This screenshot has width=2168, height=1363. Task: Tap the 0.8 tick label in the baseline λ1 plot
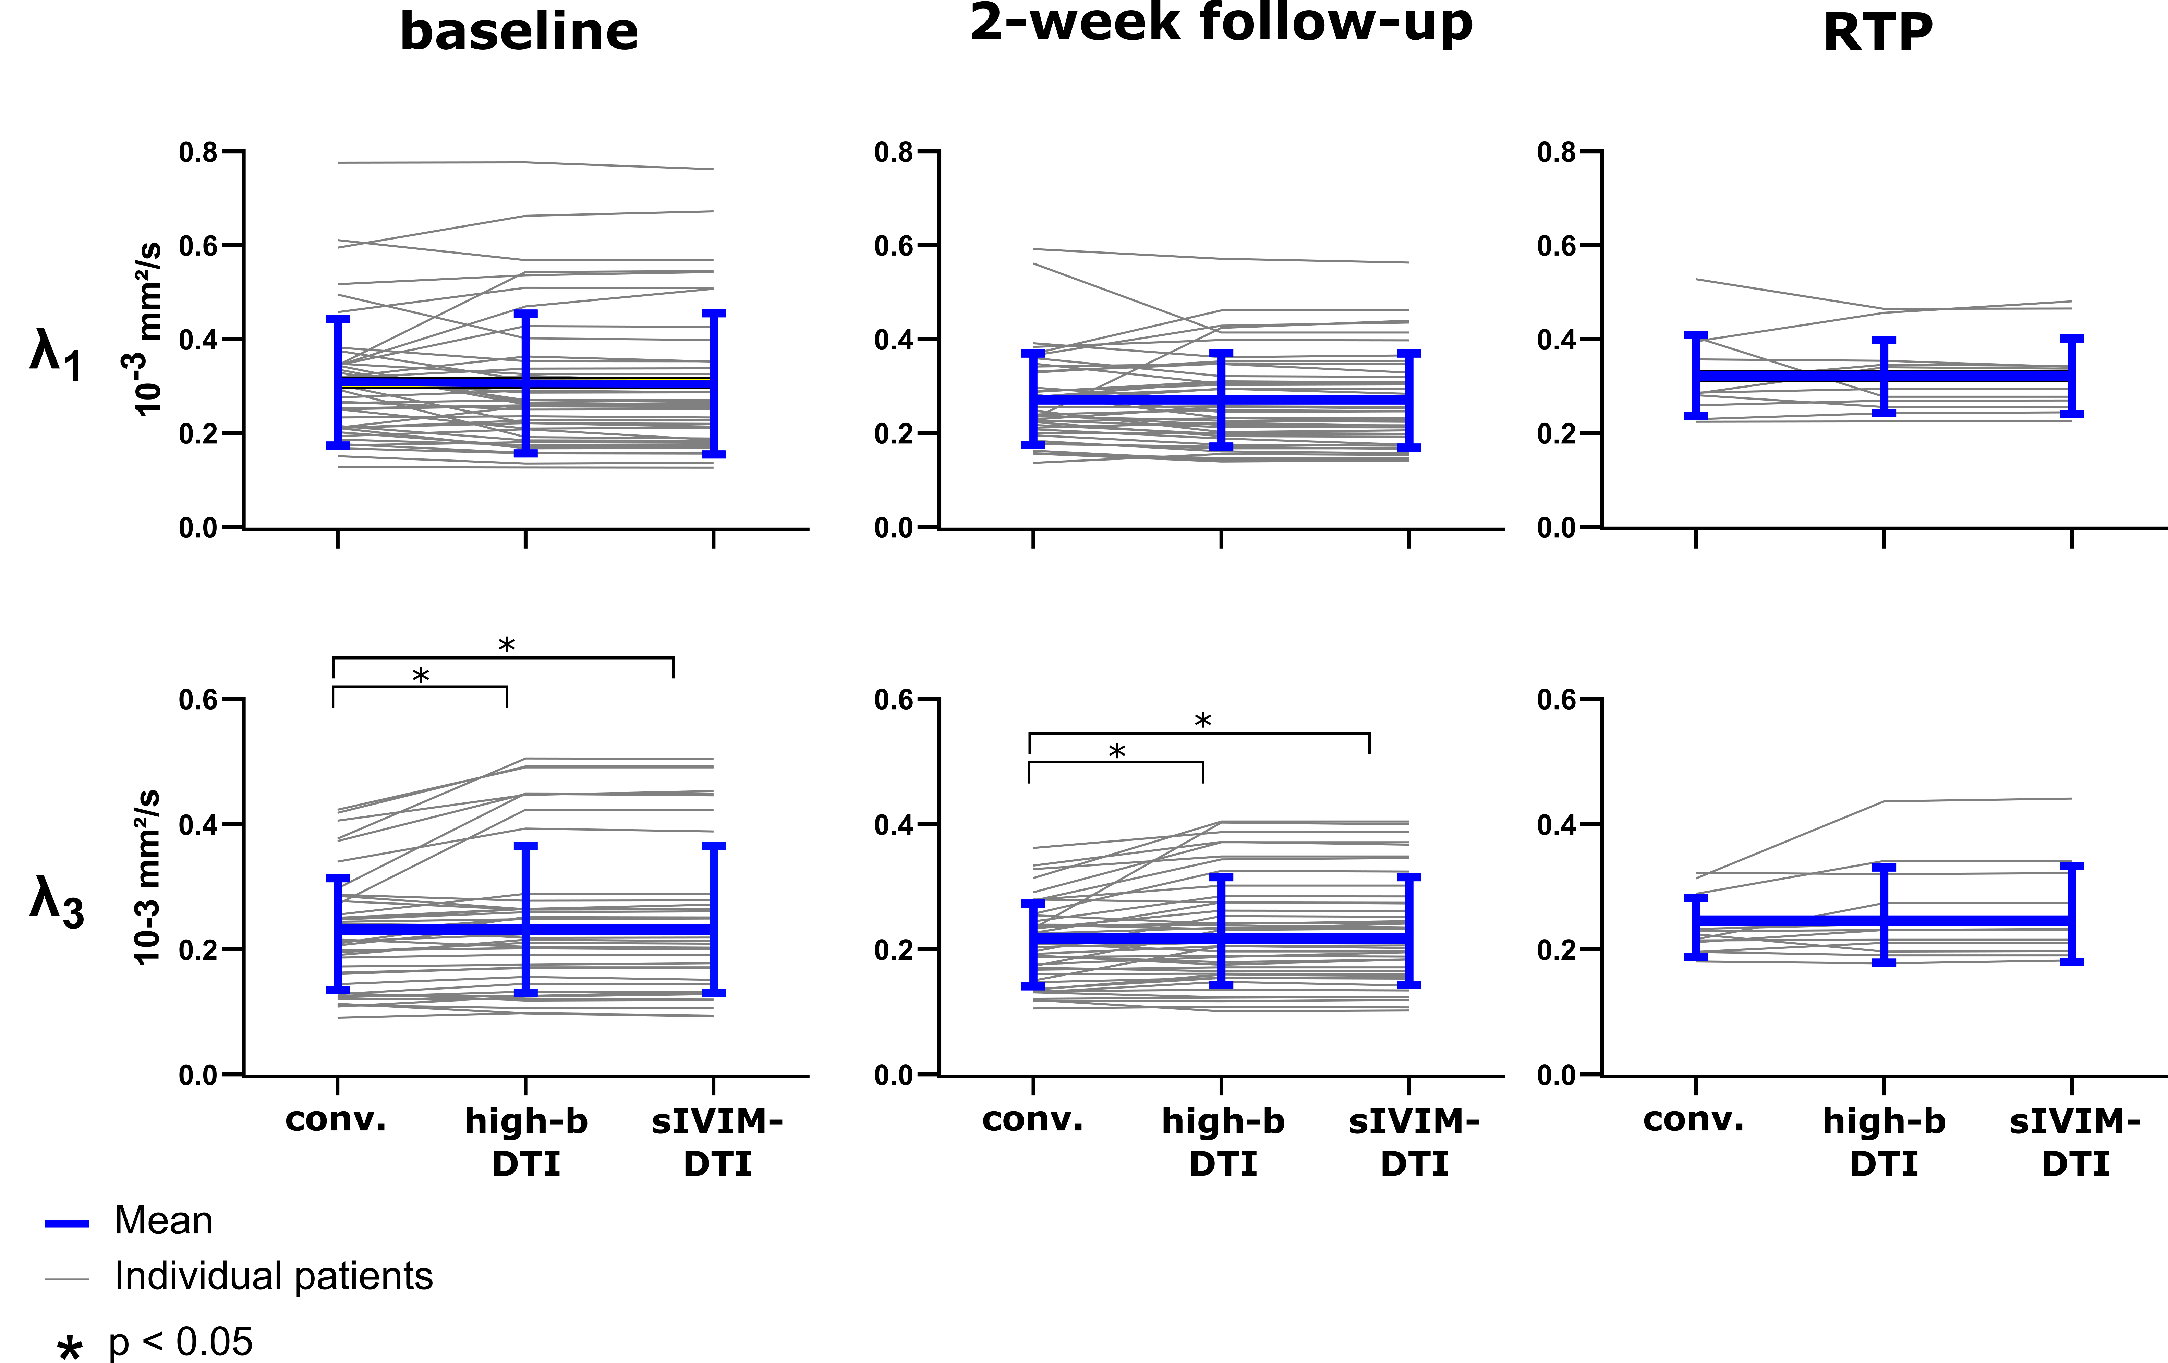pyautogui.click(x=198, y=152)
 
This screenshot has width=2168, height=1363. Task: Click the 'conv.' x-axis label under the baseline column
pyautogui.click(x=336, y=1120)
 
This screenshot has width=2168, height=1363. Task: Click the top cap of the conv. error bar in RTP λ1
pyautogui.click(x=1696, y=335)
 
